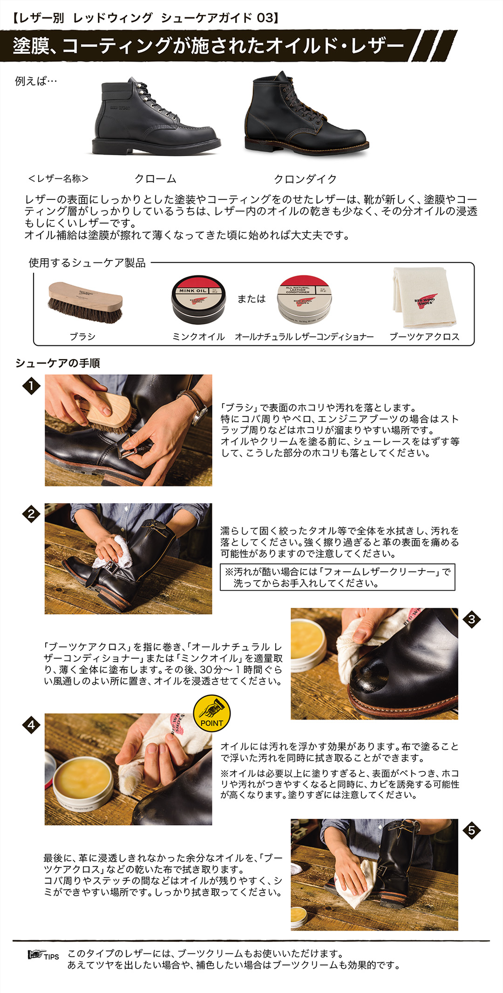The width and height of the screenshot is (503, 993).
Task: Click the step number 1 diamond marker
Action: (31, 386)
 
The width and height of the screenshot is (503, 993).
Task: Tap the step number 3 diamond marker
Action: (471, 619)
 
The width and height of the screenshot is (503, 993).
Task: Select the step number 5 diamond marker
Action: (471, 830)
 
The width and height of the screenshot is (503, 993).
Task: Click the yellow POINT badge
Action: (212, 713)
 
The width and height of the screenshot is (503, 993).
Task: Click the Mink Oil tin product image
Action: (198, 300)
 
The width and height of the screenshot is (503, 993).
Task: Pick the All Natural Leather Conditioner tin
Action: (304, 300)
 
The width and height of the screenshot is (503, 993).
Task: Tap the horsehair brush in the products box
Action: (85, 302)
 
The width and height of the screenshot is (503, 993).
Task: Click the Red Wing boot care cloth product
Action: (424, 298)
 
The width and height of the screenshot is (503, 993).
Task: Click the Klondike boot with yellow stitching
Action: (305, 116)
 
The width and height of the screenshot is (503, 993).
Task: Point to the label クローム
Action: (156, 179)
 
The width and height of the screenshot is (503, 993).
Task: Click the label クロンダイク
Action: (305, 179)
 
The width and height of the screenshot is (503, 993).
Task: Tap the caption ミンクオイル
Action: (198, 336)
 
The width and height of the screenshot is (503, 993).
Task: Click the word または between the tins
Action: (251, 299)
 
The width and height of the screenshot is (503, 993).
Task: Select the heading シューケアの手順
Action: (58, 363)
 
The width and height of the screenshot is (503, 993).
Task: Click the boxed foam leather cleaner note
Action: (337, 577)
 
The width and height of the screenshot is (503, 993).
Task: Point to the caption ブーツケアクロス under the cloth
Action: (424, 336)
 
